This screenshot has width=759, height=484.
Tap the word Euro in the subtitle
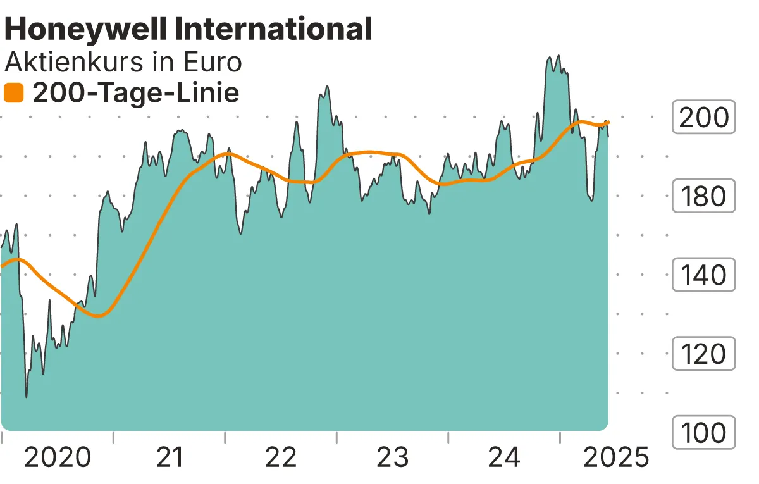coord(211,63)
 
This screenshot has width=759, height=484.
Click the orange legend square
coord(13,94)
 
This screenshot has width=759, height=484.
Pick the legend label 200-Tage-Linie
coord(135,94)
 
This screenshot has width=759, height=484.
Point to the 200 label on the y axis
coord(703,118)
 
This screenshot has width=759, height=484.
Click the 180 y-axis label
coord(703,196)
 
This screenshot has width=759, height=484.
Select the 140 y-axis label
coord(703,275)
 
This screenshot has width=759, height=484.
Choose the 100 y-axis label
coord(703,433)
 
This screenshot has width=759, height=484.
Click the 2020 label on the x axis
coord(57,457)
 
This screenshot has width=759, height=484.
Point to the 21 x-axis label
coord(170,457)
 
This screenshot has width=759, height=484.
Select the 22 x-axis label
coord(281,457)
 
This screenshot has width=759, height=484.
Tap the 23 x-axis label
coord(393,457)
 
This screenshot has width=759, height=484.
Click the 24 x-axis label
coord(505,457)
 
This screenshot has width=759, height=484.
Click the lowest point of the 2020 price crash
coord(26,397)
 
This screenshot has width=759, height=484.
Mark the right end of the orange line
coord(608,122)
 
